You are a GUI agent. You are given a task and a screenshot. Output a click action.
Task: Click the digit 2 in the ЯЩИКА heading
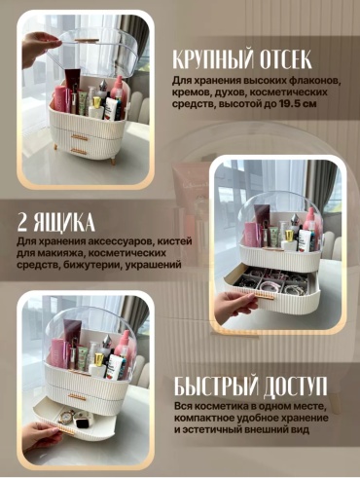24,223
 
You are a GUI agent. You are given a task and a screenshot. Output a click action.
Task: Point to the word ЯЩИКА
64,223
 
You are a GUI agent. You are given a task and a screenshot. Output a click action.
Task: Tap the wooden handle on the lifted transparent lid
87,41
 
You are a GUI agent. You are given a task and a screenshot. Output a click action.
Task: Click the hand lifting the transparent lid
40,48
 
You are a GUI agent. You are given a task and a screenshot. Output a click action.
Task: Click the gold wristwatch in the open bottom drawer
66,416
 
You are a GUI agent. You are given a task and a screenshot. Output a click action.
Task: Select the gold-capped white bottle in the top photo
96,108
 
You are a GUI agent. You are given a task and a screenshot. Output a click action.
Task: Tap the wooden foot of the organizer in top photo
113,160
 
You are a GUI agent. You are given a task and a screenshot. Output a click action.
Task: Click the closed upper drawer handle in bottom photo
77,397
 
